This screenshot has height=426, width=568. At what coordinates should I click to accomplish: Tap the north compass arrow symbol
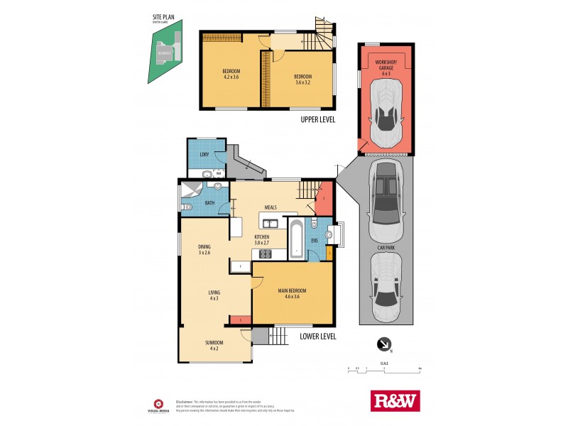(384, 344)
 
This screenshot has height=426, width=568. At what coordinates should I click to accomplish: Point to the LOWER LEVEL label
(318, 337)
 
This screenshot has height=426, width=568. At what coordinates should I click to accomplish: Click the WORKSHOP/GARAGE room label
(386, 66)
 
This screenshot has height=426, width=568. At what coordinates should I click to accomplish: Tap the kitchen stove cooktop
(265, 254)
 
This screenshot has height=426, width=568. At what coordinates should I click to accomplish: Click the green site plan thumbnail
(164, 53)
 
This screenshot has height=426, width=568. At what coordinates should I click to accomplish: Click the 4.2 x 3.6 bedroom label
(231, 74)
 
